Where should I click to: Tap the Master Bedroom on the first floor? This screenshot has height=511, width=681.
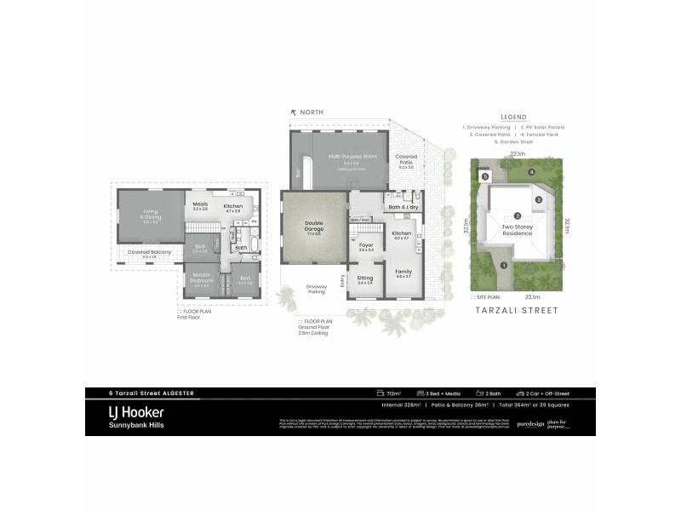click(202, 280)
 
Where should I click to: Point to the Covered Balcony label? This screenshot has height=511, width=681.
click(150, 253)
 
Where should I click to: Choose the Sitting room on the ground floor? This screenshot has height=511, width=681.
click(364, 279)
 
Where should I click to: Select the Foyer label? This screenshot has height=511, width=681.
click(366, 246)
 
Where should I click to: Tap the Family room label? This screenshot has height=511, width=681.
click(403, 274)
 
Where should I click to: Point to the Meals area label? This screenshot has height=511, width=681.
click(200, 205)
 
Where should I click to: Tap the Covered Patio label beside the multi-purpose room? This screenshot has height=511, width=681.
click(405, 160)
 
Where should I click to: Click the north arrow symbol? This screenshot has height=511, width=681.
click(294, 112)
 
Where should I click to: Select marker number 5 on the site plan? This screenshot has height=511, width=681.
click(485, 177)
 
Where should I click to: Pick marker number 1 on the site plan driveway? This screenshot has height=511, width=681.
click(504, 265)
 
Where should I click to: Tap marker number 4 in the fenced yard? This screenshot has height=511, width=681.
click(532, 173)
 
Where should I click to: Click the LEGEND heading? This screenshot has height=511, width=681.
click(513, 117)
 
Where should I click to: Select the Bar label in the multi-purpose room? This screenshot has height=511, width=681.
click(298, 174)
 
